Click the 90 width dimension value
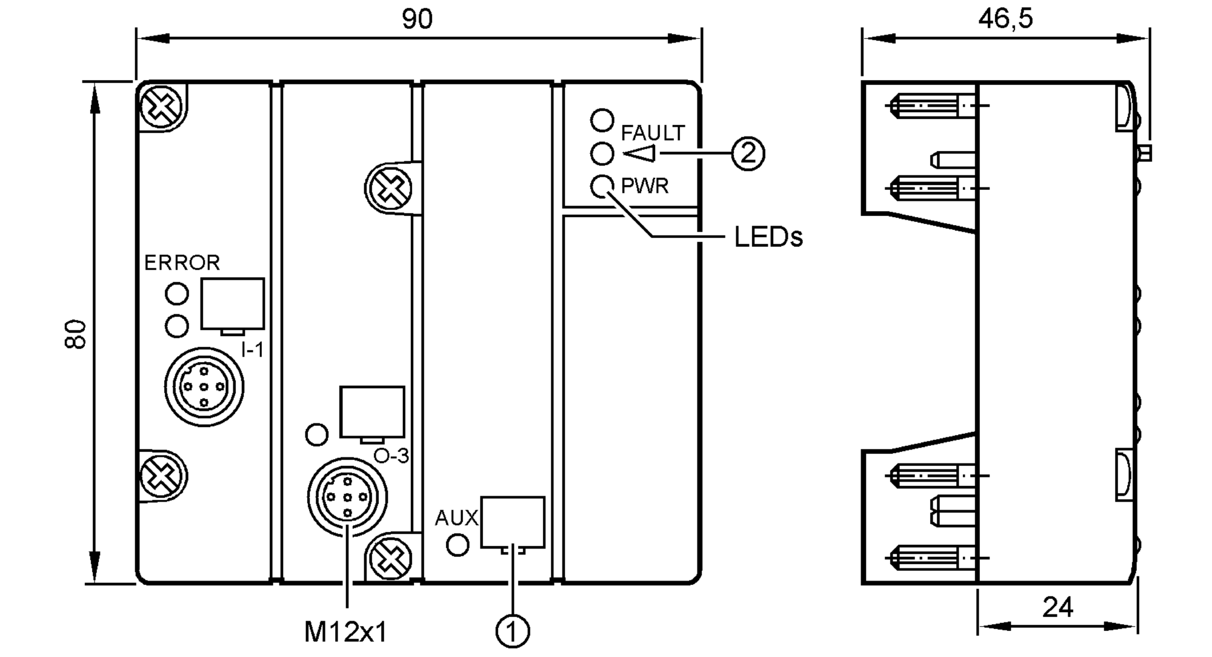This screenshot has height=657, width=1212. (417, 19)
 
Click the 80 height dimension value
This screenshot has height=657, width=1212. (76, 334)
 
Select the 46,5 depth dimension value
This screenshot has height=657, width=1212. (1005, 19)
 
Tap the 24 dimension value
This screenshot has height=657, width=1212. (1057, 607)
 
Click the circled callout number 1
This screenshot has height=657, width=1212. (513, 631)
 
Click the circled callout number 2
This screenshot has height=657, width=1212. (748, 153)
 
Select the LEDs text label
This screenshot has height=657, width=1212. (768, 237)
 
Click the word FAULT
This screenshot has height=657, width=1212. (653, 133)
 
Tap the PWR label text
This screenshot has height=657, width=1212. (645, 186)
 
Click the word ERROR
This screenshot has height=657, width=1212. (182, 263)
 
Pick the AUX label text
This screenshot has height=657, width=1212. (456, 518)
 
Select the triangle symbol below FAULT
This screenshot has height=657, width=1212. (639, 154)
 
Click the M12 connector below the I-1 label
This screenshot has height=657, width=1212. (204, 386)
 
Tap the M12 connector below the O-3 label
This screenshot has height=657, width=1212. (347, 497)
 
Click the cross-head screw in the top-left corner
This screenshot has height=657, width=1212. (161, 107)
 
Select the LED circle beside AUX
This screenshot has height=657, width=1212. (458, 545)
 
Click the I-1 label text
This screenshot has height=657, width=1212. (252, 350)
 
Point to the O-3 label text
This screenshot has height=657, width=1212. (391, 456)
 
